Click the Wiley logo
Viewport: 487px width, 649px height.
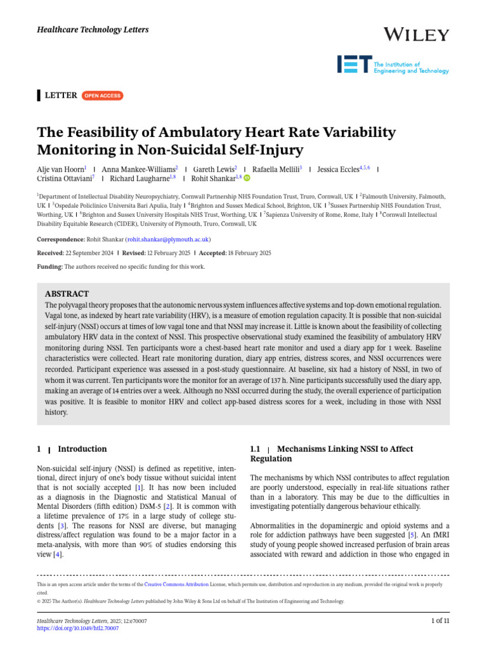[x=417, y=35]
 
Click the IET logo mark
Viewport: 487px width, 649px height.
[x=354, y=64]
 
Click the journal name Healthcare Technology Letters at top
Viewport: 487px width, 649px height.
[x=86, y=30]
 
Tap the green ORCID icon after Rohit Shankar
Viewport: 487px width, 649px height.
[x=247, y=179]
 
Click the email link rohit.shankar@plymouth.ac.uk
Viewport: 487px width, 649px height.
[x=168, y=240]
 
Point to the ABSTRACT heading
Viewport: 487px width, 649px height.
[x=67, y=294]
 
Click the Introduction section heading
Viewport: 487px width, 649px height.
[x=82, y=449]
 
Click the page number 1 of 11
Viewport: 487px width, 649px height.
[x=439, y=620]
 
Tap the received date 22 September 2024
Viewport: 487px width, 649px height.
[x=90, y=253]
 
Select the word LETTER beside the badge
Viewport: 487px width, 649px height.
[x=60, y=96]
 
